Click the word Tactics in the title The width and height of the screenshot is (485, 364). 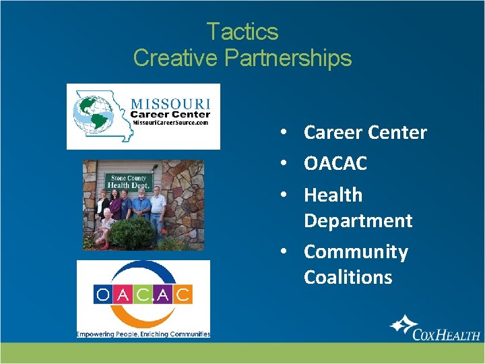(x=242, y=32)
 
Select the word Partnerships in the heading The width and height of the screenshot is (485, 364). (x=288, y=58)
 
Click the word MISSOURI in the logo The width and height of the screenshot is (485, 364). (x=170, y=104)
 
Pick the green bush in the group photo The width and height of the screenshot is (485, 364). (x=132, y=233)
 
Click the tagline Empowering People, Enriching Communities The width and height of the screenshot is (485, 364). (x=143, y=334)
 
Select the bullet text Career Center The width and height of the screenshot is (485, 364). (x=365, y=133)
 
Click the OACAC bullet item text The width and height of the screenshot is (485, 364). (x=335, y=163)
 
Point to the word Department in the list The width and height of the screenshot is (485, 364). (x=358, y=220)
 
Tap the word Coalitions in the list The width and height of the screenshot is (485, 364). (x=348, y=277)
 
